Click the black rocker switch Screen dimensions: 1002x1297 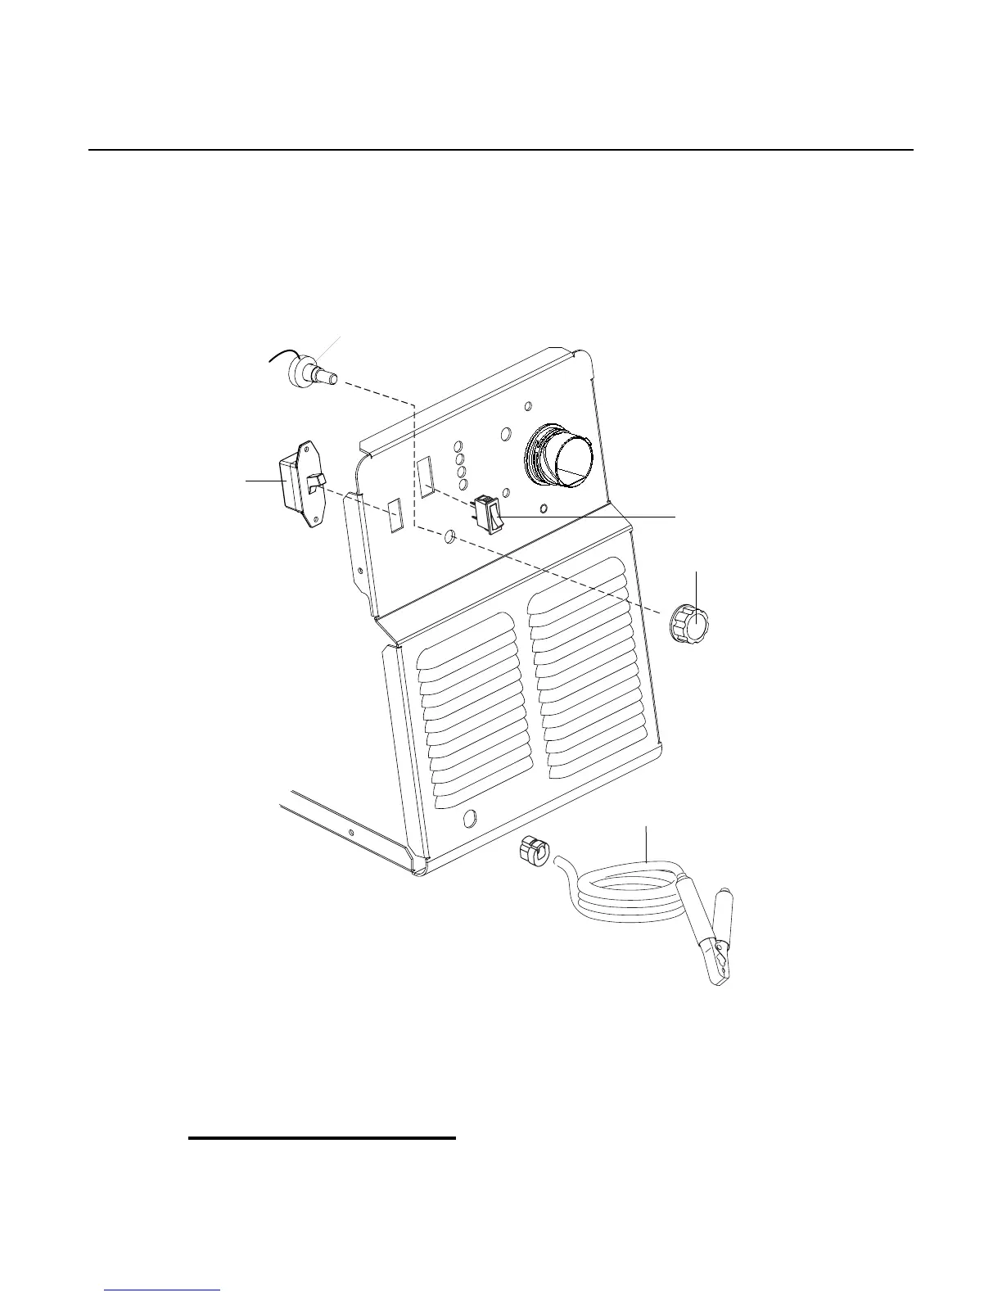(490, 513)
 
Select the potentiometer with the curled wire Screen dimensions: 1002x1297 (309, 371)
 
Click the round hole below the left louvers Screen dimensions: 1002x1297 (470, 818)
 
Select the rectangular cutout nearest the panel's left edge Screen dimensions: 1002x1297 (395, 515)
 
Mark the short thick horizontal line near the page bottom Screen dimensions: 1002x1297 (321, 1137)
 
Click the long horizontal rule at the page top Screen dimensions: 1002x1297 (500, 150)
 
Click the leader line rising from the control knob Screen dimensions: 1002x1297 (696, 590)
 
